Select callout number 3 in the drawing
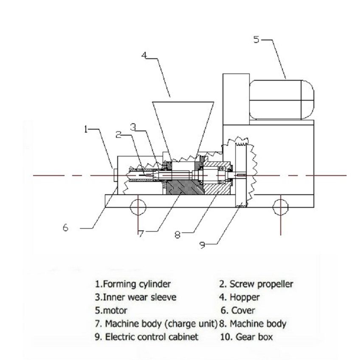(133, 126)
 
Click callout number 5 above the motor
(256, 40)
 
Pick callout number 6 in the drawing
(65, 228)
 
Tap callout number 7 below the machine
(140, 232)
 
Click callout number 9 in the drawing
(203, 245)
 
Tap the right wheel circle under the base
(280, 207)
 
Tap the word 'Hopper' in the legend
(244, 297)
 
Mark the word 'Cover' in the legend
(243, 311)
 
